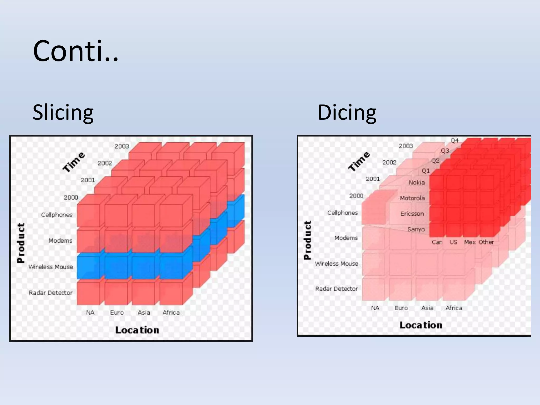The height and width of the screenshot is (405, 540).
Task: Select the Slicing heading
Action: [63, 113]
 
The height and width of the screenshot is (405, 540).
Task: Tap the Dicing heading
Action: [347, 113]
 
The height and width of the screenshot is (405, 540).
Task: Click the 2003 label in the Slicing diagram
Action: [122, 146]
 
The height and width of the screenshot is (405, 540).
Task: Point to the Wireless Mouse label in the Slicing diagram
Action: [51, 267]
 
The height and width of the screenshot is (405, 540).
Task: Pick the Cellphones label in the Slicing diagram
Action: [57, 215]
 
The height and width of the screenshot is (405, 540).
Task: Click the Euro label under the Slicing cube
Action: [117, 312]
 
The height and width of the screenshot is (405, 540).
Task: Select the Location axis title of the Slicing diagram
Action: [137, 330]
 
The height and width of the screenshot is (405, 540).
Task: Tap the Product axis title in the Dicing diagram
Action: [307, 240]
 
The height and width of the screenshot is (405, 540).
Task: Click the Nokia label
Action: [417, 182]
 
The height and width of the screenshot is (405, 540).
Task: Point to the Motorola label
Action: [412, 198]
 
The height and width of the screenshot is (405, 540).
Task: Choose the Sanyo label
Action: [416, 229]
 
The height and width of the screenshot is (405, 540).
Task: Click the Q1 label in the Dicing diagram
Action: [426, 171]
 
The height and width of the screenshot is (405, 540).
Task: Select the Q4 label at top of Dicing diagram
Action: [455, 141]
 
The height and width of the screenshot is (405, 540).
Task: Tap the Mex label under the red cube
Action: [470, 242]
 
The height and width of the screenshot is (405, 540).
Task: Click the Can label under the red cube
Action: [437, 242]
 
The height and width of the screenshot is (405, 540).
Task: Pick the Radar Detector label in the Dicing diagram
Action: [336, 289]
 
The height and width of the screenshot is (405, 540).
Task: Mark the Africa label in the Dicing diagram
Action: [454, 308]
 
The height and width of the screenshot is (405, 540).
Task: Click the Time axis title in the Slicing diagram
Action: [74, 162]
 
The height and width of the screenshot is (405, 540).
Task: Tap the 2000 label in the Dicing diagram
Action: [356, 196]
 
